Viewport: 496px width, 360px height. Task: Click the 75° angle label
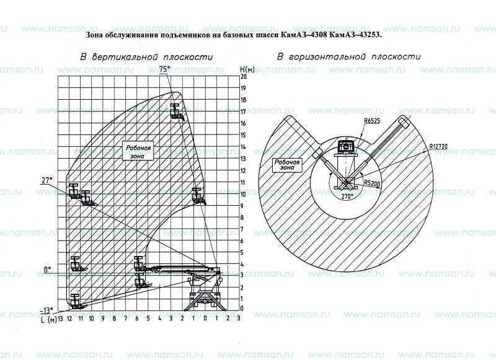[164, 69]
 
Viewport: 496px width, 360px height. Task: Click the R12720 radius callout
[438, 147]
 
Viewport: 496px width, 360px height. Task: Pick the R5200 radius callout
[372, 183]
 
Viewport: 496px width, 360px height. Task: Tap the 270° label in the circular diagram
[345, 196]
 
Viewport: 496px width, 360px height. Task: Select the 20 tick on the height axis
[244, 77]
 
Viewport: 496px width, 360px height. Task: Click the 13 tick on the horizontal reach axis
[60, 318]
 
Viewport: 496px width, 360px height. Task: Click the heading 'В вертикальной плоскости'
[146, 56]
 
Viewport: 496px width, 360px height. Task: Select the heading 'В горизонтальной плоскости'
[348, 56]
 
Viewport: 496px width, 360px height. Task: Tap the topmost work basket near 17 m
[177, 112]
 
